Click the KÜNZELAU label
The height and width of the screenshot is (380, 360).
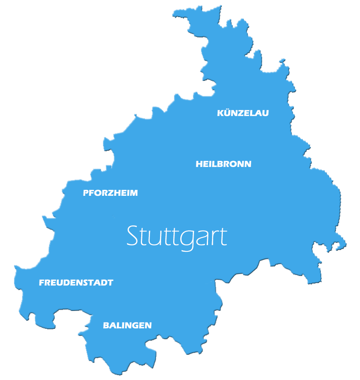(243, 113)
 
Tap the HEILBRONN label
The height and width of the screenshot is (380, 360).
(223, 164)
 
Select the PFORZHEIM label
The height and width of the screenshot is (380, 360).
(110, 193)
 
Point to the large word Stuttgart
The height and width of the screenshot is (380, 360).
(177, 236)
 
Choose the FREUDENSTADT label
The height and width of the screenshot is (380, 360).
(76, 283)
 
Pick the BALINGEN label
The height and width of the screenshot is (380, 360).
(127, 326)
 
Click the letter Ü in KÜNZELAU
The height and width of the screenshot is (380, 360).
(226, 113)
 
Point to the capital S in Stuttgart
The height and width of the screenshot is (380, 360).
(132, 236)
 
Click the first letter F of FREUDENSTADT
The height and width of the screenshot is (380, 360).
(42, 283)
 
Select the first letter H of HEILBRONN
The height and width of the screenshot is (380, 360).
(199, 164)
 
